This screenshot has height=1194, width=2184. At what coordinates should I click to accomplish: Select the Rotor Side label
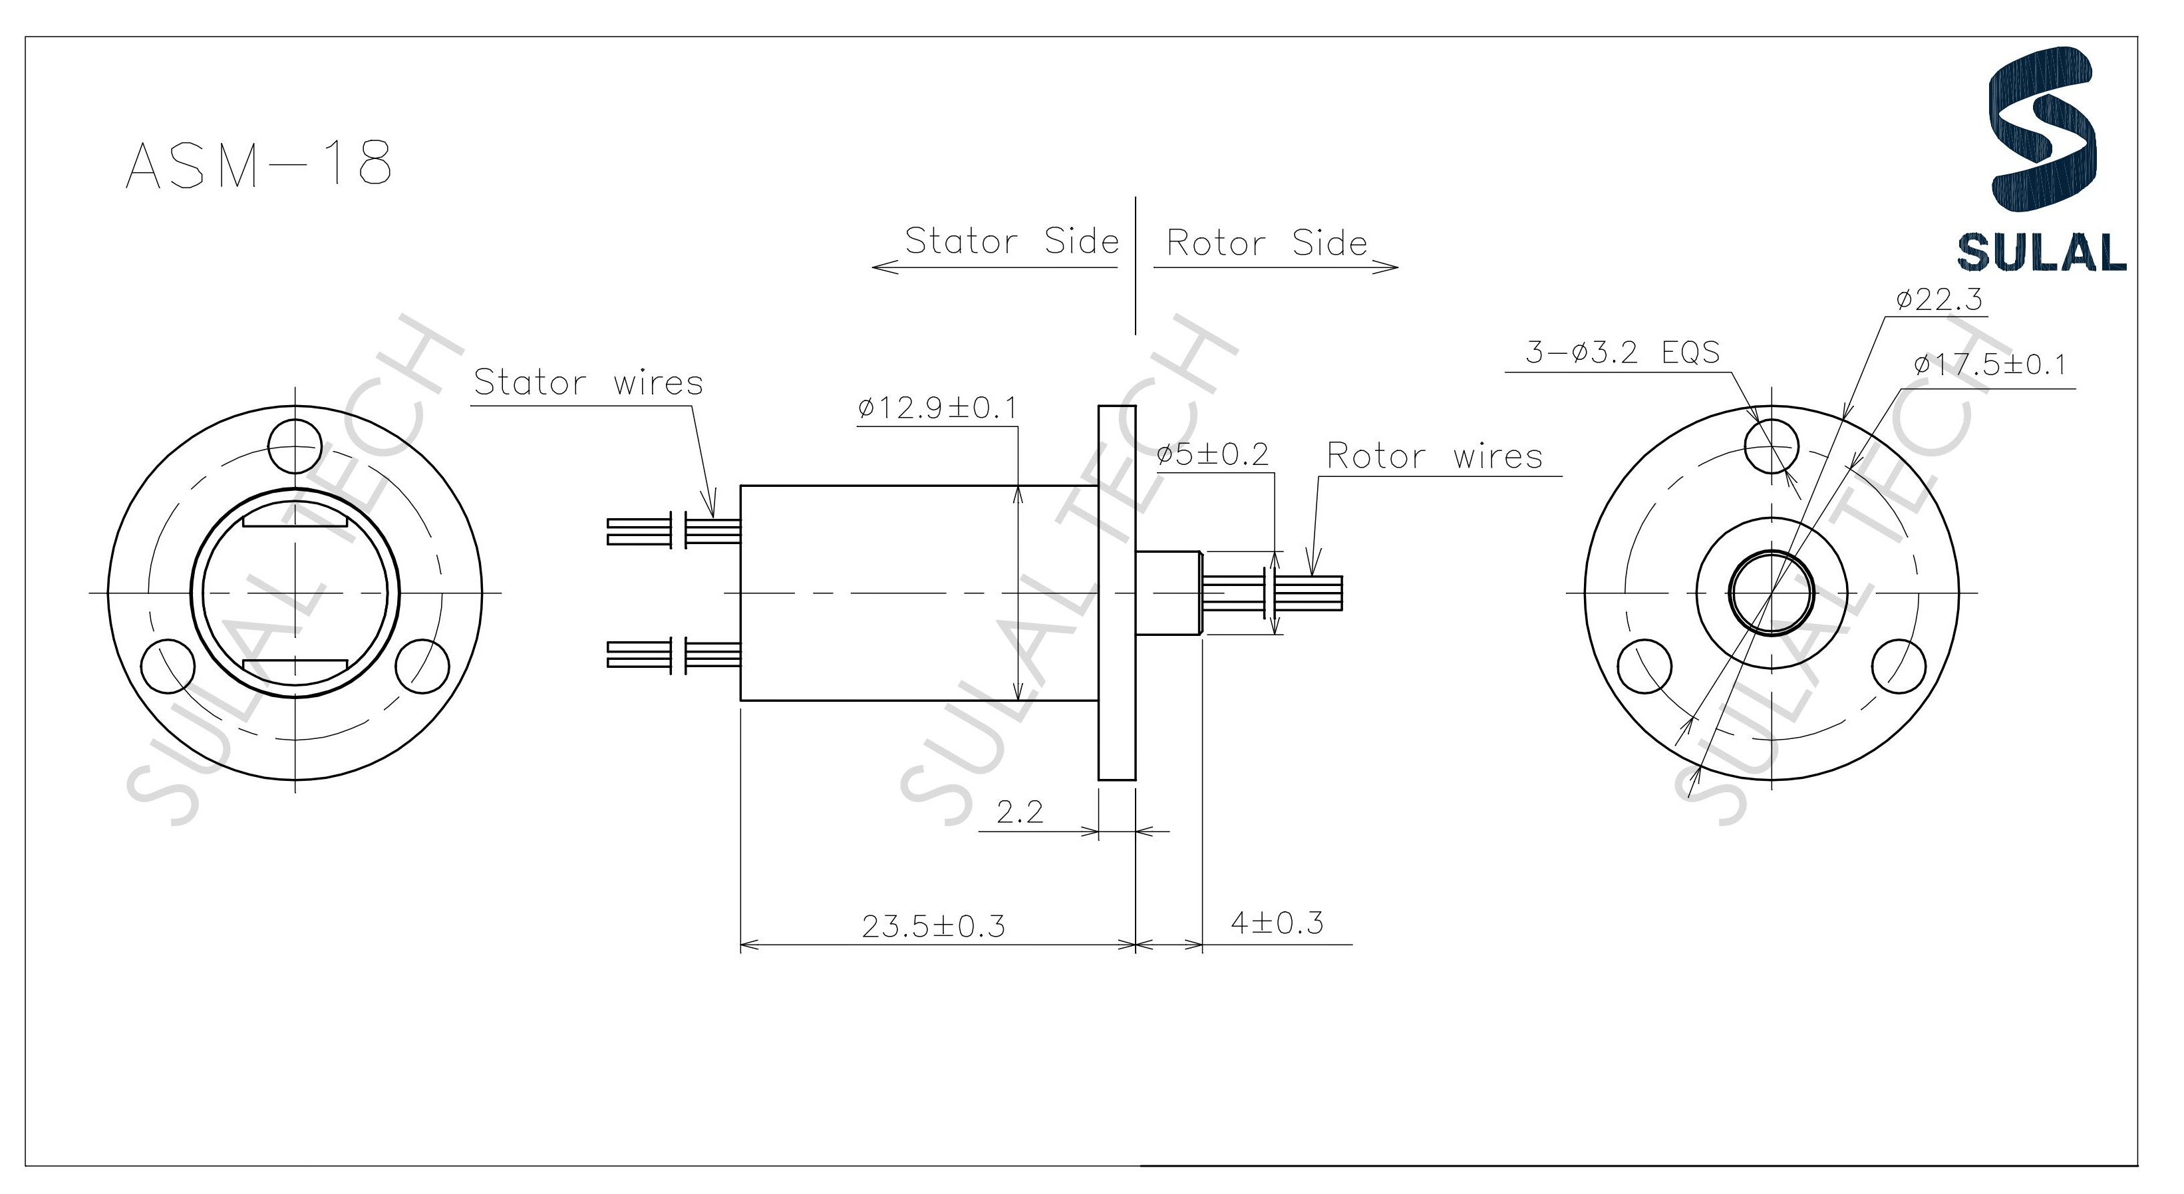pyautogui.click(x=1267, y=243)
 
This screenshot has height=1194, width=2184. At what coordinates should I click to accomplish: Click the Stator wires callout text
pyautogui.click(x=588, y=382)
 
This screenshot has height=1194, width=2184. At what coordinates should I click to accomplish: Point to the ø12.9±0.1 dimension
pyautogui.click(x=936, y=408)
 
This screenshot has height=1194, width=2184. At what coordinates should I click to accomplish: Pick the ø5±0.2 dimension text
pyautogui.click(x=1212, y=454)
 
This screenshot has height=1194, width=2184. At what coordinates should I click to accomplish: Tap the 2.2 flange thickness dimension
pyautogui.click(x=1019, y=812)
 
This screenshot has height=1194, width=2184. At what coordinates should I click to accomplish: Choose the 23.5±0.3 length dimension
pyautogui.click(x=933, y=926)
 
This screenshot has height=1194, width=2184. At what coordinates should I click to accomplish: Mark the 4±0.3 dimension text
pyautogui.click(x=1276, y=923)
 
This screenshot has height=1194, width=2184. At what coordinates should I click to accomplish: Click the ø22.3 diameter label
pyautogui.click(x=1940, y=299)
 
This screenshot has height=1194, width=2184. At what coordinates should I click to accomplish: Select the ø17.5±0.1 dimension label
pyautogui.click(x=1990, y=365)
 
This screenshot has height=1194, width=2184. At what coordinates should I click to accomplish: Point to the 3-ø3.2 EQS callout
pyautogui.click(x=1622, y=352)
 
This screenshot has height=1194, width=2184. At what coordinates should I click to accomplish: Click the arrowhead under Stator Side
pyautogui.click(x=881, y=268)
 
